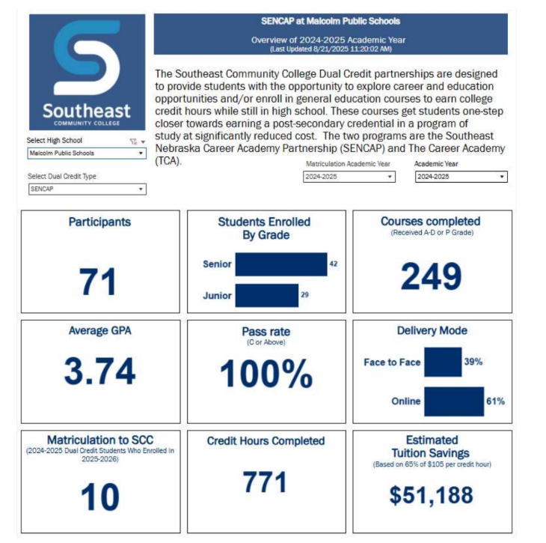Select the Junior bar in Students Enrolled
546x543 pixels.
pyautogui.click(x=267, y=295)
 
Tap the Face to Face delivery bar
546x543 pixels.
pyautogui.click(x=443, y=362)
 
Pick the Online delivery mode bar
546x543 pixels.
pyautogui.click(x=453, y=401)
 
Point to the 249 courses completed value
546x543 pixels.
pyautogui.click(x=431, y=276)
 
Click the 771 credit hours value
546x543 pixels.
pyautogui.click(x=266, y=482)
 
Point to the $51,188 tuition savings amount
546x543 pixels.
pyautogui.click(x=431, y=494)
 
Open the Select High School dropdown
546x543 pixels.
pyautogui.click(x=86, y=154)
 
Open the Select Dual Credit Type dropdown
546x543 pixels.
pyautogui.click(x=86, y=189)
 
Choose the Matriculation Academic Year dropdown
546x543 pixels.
pyautogui.click(x=349, y=177)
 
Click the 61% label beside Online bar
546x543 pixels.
pyautogui.click(x=495, y=401)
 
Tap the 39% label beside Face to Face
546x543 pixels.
pyautogui.click(x=473, y=362)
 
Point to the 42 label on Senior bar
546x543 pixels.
pyautogui.click(x=333, y=264)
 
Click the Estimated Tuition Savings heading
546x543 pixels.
pyautogui.click(x=432, y=446)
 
